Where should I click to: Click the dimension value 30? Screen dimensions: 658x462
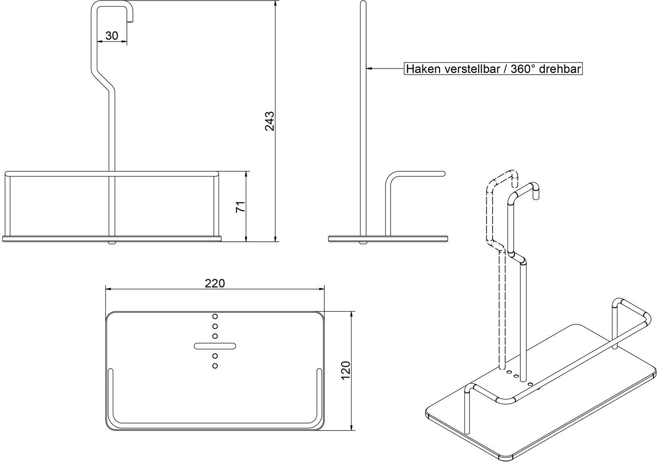(x=112, y=36)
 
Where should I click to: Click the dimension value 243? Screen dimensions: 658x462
(x=270, y=121)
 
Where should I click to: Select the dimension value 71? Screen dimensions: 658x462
(x=241, y=207)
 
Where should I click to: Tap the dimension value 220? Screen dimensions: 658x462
(x=215, y=283)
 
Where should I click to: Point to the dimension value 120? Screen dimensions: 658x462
(x=346, y=370)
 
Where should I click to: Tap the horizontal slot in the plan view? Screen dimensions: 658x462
(x=215, y=346)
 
